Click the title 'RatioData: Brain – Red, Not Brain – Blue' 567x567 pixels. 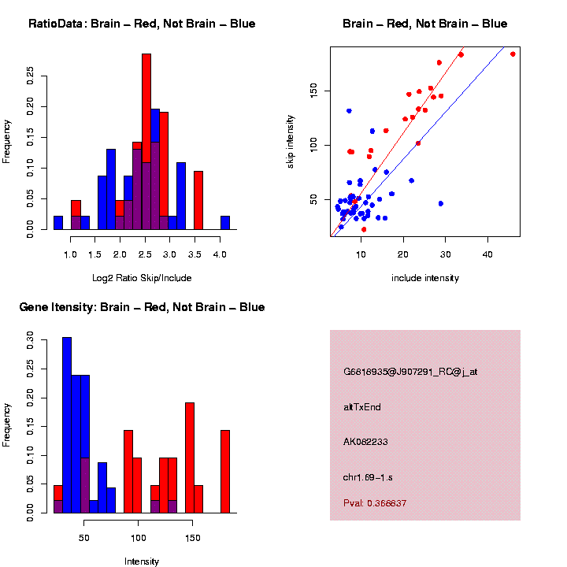[x=142, y=24]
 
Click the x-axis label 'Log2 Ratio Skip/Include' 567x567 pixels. [x=142, y=277]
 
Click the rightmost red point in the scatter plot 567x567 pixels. [x=513, y=54]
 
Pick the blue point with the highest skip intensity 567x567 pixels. [x=349, y=111]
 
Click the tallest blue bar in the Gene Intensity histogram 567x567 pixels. [x=67, y=425]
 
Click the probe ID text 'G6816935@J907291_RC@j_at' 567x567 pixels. [x=410, y=372]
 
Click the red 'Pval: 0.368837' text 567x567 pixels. [x=375, y=502]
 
